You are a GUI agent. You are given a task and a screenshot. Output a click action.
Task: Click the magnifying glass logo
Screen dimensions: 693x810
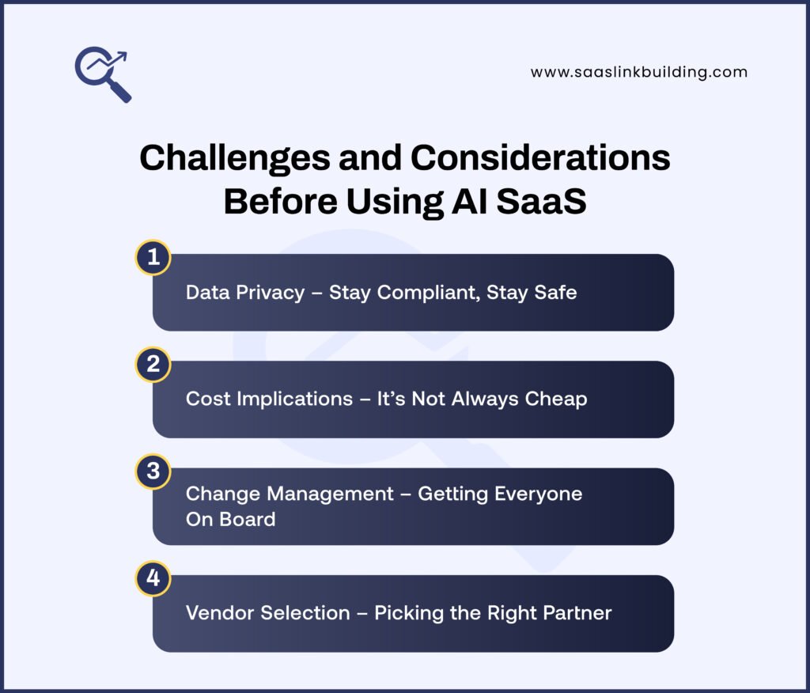tap(103, 74)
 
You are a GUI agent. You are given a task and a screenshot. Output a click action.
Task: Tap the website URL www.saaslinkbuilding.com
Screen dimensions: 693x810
tap(638, 72)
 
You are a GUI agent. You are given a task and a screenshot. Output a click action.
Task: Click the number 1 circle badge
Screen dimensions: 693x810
tap(153, 257)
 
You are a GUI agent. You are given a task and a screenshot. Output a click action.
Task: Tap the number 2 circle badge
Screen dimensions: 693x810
tap(153, 364)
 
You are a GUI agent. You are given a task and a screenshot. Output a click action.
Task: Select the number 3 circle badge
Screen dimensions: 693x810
tap(153, 471)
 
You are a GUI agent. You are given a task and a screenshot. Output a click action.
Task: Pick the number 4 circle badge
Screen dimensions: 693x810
tap(153, 578)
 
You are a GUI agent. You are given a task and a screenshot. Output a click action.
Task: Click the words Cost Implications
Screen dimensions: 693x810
tap(269, 399)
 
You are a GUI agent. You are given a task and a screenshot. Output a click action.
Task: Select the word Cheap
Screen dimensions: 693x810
tap(558, 399)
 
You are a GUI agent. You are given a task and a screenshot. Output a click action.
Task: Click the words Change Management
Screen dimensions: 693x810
tap(290, 494)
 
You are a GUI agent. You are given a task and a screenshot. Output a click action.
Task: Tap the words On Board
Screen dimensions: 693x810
tap(230, 519)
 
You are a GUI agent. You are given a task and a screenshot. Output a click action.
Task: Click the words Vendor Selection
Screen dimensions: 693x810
tap(267, 613)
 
